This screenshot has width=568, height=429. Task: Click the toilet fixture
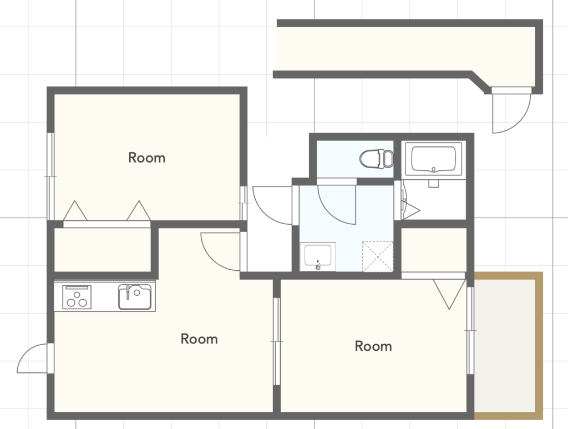point(377,159)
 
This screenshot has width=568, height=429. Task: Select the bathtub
point(434,159)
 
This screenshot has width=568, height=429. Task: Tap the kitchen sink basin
point(135,297)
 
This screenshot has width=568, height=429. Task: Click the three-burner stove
point(77,297)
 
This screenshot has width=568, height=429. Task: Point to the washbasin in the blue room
point(318,256)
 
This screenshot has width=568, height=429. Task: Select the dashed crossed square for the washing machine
point(378,256)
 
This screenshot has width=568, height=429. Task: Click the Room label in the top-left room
point(146,158)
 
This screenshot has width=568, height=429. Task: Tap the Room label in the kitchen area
point(199,339)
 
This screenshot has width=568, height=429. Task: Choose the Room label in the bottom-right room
point(373,346)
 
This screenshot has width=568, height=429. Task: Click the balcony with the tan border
point(508,346)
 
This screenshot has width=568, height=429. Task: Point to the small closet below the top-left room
point(103,250)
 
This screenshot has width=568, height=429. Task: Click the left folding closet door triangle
point(75,210)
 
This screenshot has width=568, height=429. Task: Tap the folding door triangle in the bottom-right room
point(449,294)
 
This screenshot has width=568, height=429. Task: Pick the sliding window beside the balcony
point(470,330)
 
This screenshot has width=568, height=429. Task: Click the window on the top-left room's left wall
point(50,176)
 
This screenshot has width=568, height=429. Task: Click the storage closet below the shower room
point(434,250)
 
